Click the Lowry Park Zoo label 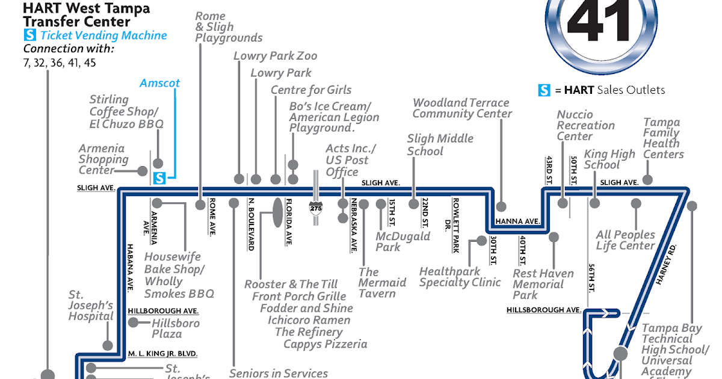coord(275,56)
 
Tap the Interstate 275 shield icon coord(316,208)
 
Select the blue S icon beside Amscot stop coord(159,178)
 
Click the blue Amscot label coord(159,83)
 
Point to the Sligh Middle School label coord(440,144)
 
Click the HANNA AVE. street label coord(517,221)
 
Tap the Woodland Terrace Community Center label coord(461,108)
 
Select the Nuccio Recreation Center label coord(585,125)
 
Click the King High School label coord(609,159)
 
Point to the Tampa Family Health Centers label coord(663,138)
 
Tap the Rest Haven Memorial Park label coord(543,284)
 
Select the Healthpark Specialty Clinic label coord(460,277)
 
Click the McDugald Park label coord(403,241)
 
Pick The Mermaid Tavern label coord(382,283)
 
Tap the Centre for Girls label coord(311,90)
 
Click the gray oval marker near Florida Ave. coord(277,212)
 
